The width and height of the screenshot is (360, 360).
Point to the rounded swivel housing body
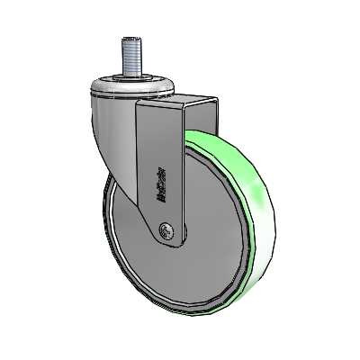[x=112, y=135]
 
